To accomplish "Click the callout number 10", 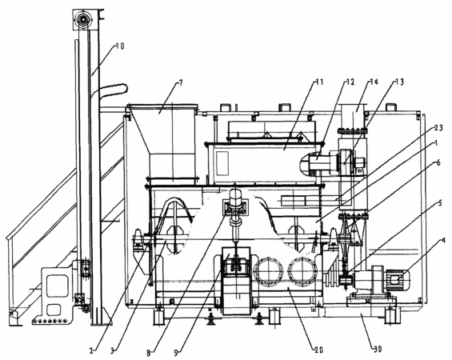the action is [120, 46].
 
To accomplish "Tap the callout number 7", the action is [181, 83].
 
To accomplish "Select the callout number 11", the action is [319, 82].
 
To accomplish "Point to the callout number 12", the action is [350, 82].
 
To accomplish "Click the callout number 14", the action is [374, 82].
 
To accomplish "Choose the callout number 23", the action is [438, 128].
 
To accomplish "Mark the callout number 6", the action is [438, 163].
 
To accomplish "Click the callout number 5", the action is [440, 203].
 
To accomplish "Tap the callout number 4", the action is [443, 240].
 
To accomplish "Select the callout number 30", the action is [378, 350].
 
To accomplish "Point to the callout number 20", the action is [319, 350].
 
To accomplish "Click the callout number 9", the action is [177, 352].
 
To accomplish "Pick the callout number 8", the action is [149, 353].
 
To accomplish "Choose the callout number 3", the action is [113, 350].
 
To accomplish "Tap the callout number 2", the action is [91, 350].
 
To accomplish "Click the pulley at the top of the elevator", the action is [82, 19].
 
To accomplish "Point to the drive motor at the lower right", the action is [381, 278].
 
